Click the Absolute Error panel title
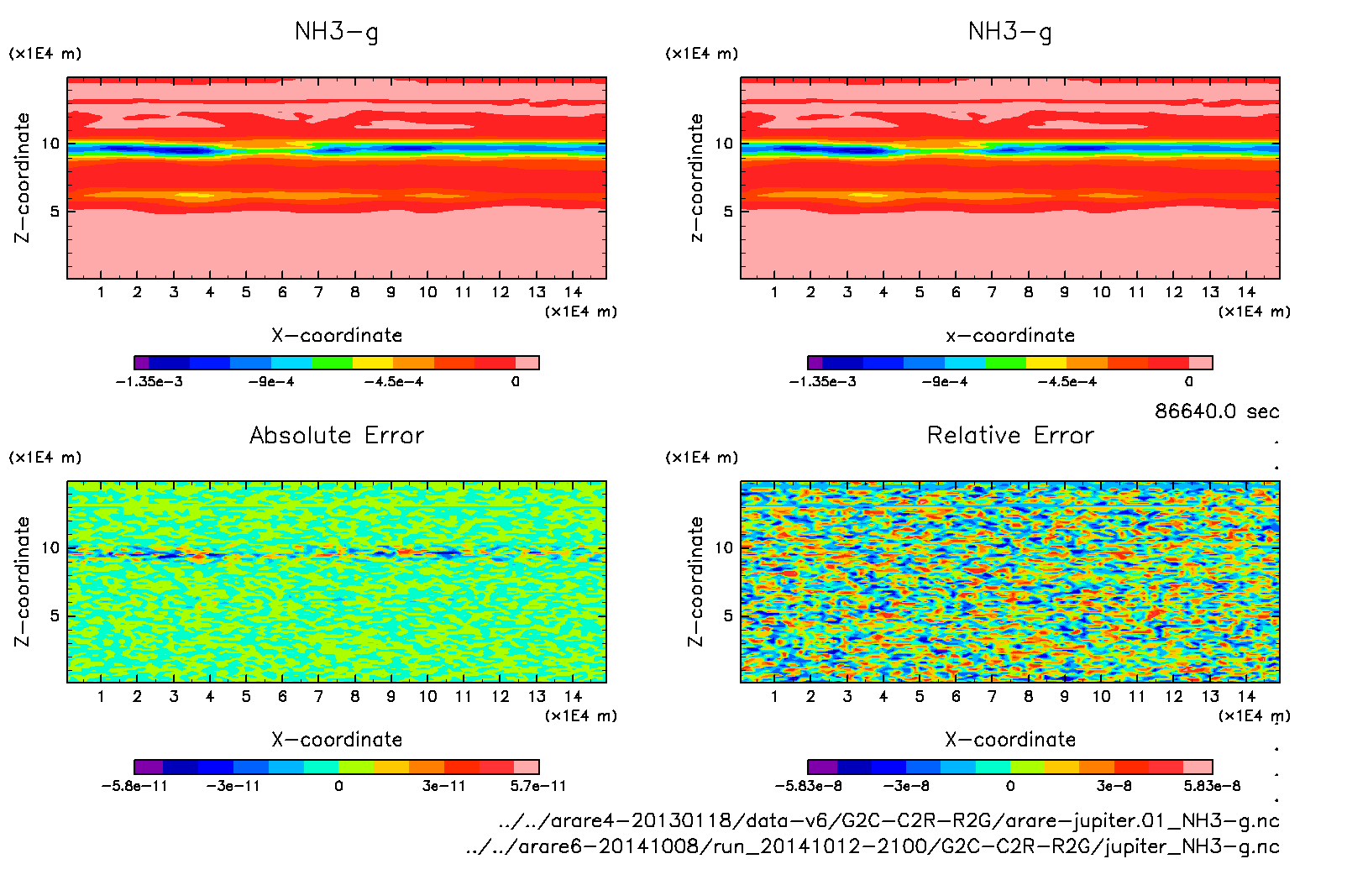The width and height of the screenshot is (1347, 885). coord(337,435)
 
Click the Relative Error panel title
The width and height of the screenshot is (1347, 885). coord(1010,435)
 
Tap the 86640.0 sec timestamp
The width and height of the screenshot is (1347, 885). coord(1217,411)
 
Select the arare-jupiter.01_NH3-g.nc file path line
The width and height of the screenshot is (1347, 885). coord(888,820)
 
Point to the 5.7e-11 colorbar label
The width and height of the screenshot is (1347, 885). coord(538,786)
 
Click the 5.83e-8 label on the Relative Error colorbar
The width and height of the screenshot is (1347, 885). coord(1212,786)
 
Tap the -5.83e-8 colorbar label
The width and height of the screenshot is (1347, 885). coord(808,786)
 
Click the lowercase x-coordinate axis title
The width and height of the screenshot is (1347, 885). coord(1010,336)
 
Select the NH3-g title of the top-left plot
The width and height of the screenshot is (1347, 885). coord(337,32)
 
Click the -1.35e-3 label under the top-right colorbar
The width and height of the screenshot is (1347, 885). coord(822,382)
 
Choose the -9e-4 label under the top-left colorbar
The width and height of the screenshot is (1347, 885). coord(270,382)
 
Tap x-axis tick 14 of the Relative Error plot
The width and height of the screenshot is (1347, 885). coord(1246,696)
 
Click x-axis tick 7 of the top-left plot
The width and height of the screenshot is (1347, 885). coord(318,292)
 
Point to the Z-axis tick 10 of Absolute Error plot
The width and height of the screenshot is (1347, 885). coord(50,548)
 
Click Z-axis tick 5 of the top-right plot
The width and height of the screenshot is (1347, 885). coord(728,212)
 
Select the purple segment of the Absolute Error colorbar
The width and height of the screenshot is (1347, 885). coord(149,767)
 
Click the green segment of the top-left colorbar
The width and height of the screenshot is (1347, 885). coord(332,363)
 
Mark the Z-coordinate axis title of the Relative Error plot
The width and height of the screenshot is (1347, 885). coord(695,581)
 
